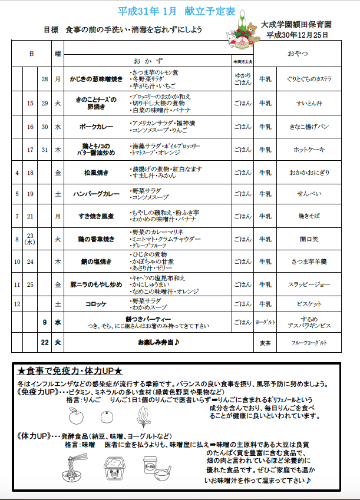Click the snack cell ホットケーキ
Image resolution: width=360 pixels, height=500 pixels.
coord(309,150)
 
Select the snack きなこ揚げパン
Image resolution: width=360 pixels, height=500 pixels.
coord(309,127)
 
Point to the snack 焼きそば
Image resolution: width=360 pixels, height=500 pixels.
coord(309,216)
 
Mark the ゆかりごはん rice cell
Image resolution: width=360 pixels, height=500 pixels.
coord(242,79)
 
